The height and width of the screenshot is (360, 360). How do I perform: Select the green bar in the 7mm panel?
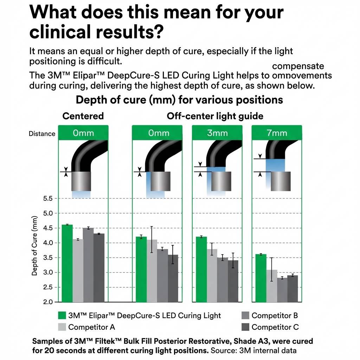(x=261, y=278)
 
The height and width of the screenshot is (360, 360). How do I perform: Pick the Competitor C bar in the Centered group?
(x=99, y=268)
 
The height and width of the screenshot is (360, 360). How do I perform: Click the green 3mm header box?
(x=217, y=133)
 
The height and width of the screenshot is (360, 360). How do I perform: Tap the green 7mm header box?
(x=277, y=133)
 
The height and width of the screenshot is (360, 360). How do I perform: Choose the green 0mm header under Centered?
(x=83, y=133)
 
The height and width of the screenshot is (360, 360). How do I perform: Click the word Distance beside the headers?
(x=42, y=134)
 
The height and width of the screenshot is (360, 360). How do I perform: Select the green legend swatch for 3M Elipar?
(x=62, y=315)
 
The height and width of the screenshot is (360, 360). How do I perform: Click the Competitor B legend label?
(x=275, y=315)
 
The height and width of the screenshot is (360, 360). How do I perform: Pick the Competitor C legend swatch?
(x=245, y=327)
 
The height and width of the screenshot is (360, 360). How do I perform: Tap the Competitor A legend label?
(x=91, y=327)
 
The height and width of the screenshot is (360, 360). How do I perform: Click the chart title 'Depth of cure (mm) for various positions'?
(x=179, y=100)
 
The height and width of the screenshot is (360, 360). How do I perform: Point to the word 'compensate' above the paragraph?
(x=298, y=66)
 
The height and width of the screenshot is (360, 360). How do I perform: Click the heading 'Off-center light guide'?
(x=215, y=116)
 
